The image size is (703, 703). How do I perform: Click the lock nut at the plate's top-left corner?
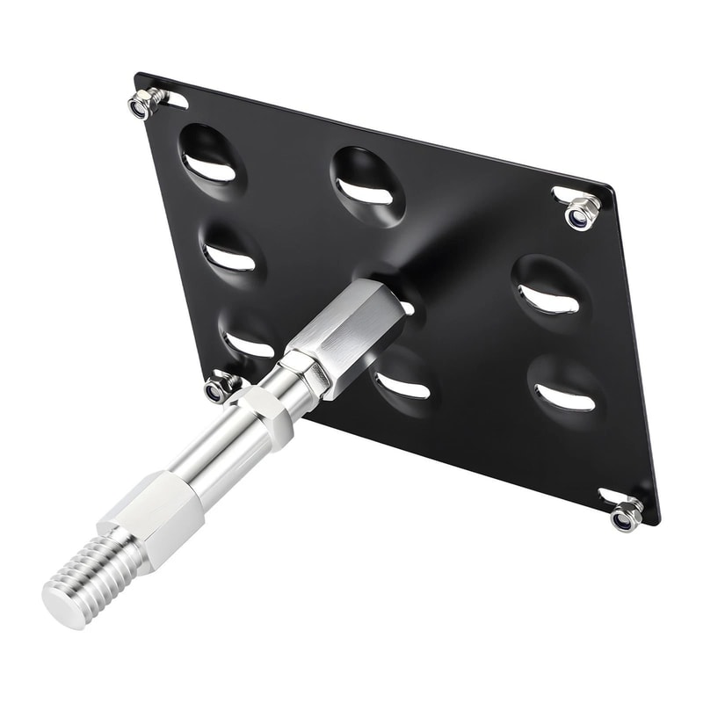(x=144, y=104)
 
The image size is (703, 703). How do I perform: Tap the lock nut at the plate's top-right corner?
(x=582, y=211)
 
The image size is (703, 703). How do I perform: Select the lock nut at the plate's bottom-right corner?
(x=626, y=513)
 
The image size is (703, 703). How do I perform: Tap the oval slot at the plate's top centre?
(x=366, y=185)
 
